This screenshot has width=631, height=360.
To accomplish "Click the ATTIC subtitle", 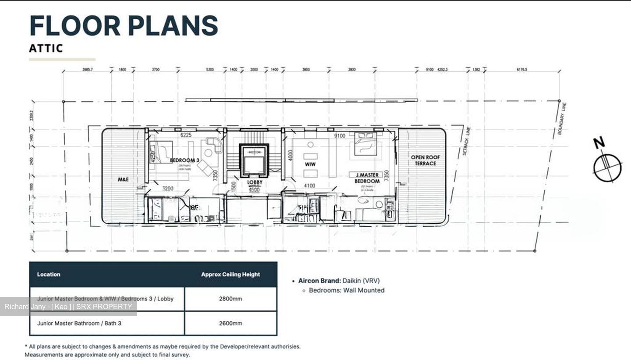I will pyautogui.click(x=46, y=48).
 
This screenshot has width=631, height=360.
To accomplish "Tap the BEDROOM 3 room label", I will pyautogui.click(x=184, y=160).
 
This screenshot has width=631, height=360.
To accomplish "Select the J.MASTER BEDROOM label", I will pyautogui.click(x=367, y=178).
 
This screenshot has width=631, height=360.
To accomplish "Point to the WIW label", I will pyautogui.click(x=310, y=164).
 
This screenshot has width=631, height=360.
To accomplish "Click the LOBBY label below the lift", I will pyautogui.click(x=254, y=182).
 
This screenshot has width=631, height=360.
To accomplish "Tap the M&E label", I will pyautogui.click(x=123, y=179).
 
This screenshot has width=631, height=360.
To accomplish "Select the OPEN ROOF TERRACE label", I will pyautogui.click(x=425, y=160).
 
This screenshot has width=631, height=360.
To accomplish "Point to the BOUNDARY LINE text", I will pyautogui.click(x=563, y=119).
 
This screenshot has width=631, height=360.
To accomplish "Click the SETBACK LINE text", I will pyautogui.click(x=465, y=141).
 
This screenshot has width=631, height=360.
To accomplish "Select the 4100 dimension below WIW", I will pyautogui.click(x=309, y=186).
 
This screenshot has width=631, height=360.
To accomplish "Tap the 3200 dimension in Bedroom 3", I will pyautogui.click(x=167, y=189).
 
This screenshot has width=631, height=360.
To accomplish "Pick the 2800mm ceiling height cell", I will pyautogui.click(x=230, y=299).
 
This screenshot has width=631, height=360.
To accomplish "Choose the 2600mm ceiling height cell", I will pyautogui.click(x=230, y=324).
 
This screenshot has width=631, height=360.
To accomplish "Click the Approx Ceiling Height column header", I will pyautogui.click(x=230, y=274).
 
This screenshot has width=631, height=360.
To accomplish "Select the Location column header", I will pyautogui.click(x=49, y=274).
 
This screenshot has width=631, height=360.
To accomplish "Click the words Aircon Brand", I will pyautogui.click(x=319, y=281).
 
